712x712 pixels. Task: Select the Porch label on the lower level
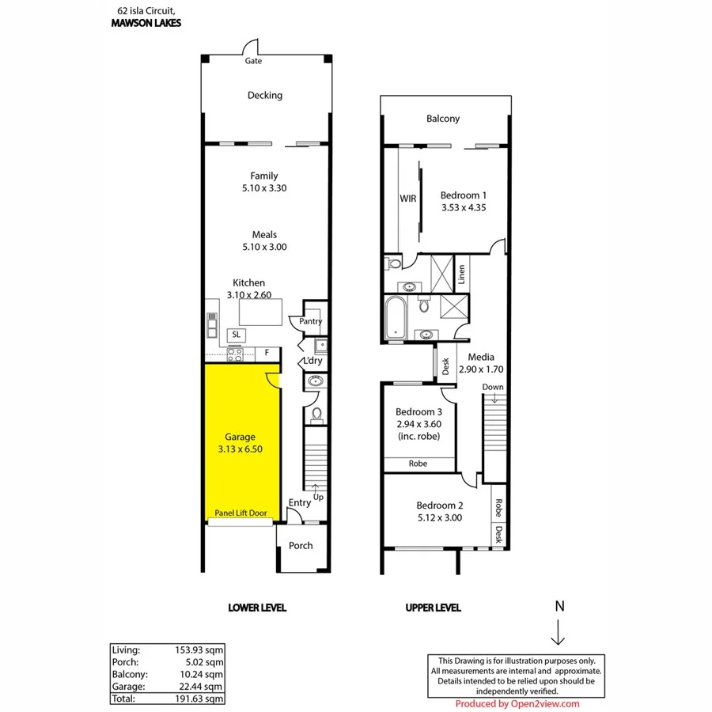pyautogui.click(x=301, y=545)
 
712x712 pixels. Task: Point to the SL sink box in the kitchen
pyautogui.click(x=236, y=335)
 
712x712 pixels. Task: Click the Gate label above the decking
pyautogui.click(x=253, y=61)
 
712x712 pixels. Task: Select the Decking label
pyautogui.click(x=264, y=96)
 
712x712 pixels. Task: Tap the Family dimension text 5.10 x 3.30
pyautogui.click(x=264, y=188)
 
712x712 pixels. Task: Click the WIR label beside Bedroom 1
pyautogui.click(x=407, y=199)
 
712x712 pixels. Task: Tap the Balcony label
pyautogui.click(x=443, y=119)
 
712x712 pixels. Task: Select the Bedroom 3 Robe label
pyautogui.click(x=418, y=464)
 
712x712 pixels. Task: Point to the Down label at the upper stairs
pyautogui.click(x=493, y=387)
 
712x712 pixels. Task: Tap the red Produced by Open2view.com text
pyautogui.click(x=517, y=703)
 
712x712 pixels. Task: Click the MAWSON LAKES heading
pyautogui.click(x=146, y=23)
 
